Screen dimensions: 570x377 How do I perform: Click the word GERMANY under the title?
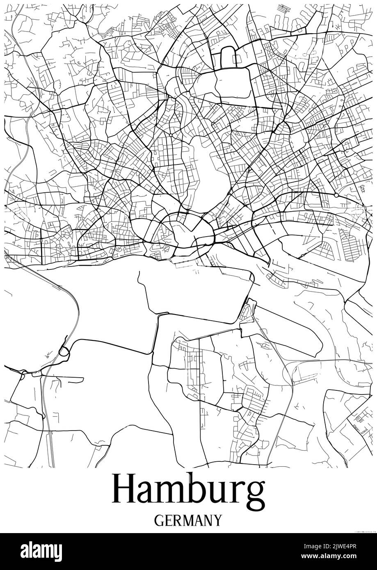click(188, 520)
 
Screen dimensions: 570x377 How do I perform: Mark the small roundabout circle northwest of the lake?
click(171, 135)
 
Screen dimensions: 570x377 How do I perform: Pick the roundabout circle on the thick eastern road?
click(336, 195)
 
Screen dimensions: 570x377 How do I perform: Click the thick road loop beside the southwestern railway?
click(64, 351)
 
